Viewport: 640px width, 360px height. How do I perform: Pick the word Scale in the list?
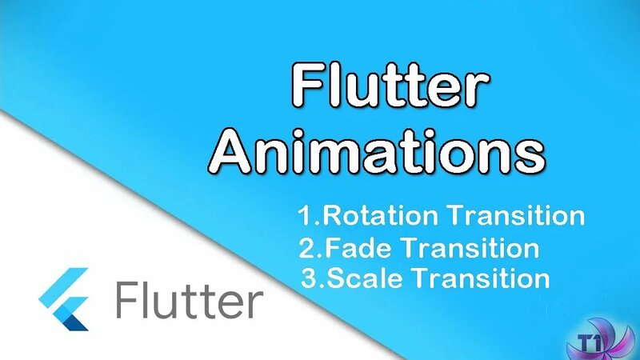point(361,278)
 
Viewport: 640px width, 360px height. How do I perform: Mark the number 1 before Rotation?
point(303,216)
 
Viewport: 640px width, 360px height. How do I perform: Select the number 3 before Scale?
point(310,279)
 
